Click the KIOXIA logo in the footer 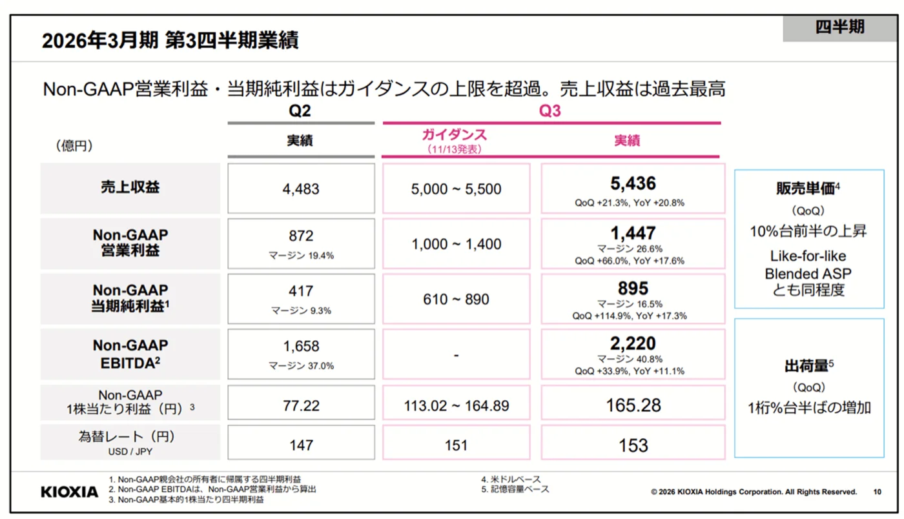pos(70,492)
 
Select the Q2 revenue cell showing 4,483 pos(301,189)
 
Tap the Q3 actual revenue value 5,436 pos(633,183)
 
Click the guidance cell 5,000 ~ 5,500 pos(456,189)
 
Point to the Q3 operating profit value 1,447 pos(633,233)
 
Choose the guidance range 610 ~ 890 pos(456,300)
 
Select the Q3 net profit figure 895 pos(633,289)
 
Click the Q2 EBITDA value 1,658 pos(301,346)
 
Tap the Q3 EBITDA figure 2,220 pos(633,343)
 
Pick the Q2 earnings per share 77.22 pos(301,405)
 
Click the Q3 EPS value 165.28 pos(633,405)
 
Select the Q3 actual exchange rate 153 pos(633,445)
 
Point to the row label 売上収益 pos(130,187)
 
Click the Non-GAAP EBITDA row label pos(130,354)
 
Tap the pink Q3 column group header pos(550,110)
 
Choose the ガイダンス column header pos(455,135)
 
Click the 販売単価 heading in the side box pos(806,188)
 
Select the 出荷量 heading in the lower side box pos(806,366)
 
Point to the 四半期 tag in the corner pos(840,27)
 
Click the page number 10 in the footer pos(878,492)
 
